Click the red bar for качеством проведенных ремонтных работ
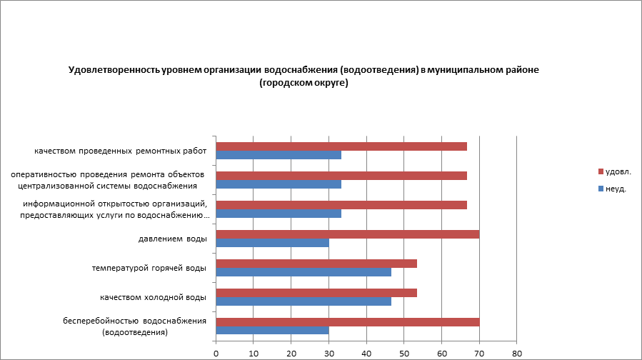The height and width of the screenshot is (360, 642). point(341,146)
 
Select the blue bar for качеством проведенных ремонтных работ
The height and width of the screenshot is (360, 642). point(279,155)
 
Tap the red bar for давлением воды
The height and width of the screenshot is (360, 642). point(347,234)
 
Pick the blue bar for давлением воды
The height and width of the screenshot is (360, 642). point(272,243)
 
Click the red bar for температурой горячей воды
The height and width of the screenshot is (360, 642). point(316,264)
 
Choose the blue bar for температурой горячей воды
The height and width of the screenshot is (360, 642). point(304,272)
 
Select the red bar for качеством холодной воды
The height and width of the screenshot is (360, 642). point(316,293)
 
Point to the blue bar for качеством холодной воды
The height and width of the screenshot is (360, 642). point(304,301)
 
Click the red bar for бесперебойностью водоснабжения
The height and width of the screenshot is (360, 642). point(347,322)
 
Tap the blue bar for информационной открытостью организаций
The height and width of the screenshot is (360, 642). point(279,214)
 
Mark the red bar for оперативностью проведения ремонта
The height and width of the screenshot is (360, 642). point(341,176)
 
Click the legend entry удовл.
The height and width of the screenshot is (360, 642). point(618,171)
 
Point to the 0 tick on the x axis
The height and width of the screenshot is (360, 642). point(216,353)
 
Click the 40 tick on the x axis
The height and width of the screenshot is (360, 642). point(366,353)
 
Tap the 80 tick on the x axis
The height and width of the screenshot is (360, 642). point(517,353)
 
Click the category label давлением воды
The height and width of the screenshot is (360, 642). point(172,239)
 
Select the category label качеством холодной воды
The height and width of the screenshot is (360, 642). point(153,297)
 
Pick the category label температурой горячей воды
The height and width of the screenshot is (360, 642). point(149,268)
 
